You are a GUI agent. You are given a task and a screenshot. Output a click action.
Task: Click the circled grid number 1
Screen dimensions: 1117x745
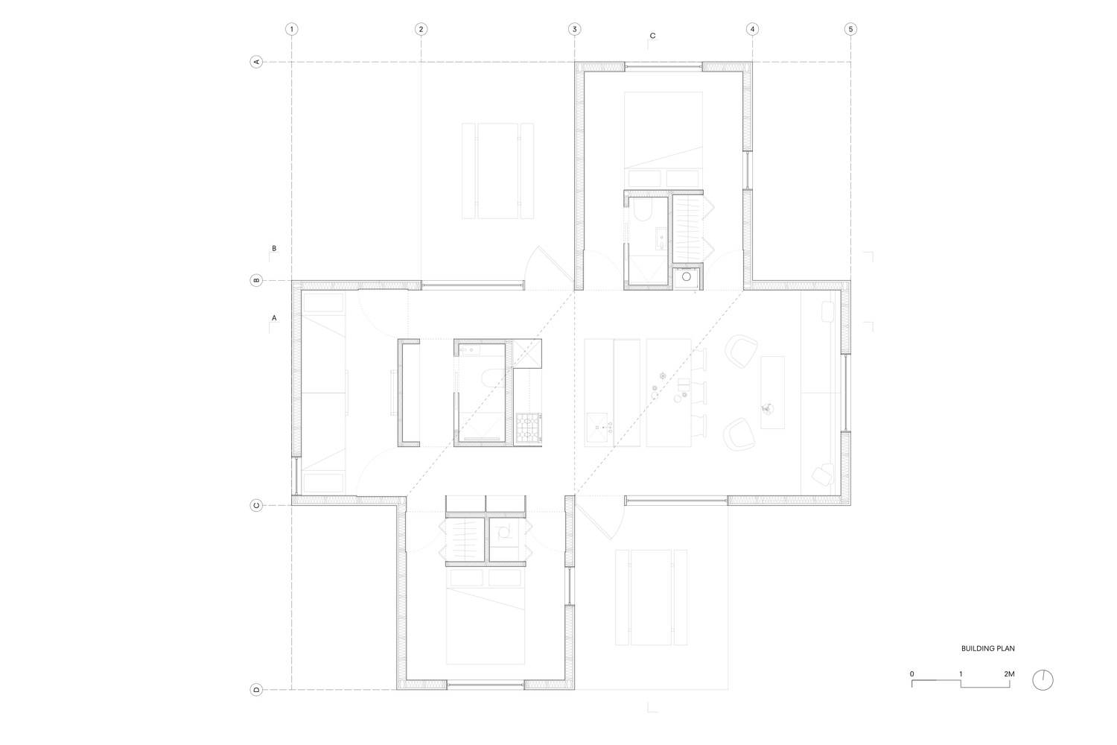pos(292,30)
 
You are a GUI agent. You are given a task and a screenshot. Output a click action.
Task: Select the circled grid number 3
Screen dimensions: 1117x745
pos(574,30)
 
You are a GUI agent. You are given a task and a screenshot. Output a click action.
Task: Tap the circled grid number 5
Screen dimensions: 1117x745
pos(850,30)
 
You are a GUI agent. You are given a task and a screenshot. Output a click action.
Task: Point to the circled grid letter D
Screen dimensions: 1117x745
pos(256,690)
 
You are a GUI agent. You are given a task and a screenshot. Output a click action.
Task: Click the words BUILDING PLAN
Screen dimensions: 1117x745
pos(988,649)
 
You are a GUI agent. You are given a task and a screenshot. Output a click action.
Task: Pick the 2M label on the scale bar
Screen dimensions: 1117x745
pos(1009,673)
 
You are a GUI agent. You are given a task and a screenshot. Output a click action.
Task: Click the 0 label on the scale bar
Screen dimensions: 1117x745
pos(912,673)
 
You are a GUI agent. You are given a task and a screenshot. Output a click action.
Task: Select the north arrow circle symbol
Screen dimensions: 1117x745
pos(1043,680)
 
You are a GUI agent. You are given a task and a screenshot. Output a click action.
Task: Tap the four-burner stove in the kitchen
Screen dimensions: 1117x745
pos(529,429)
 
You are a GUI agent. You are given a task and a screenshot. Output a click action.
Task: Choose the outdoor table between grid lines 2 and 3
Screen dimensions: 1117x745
pos(497,171)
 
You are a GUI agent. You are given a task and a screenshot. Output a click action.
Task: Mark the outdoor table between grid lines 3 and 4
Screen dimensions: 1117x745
pos(652,597)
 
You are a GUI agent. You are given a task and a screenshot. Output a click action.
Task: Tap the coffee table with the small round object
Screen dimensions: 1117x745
pos(772,392)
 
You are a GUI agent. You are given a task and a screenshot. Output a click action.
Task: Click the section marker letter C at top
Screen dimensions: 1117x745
pos(652,36)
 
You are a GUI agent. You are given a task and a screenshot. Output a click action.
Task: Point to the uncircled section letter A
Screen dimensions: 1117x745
pos(274,318)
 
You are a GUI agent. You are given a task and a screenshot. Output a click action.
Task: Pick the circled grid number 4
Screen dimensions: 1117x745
pos(752,30)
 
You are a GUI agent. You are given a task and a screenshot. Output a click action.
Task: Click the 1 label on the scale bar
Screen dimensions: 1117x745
pos(961,673)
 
